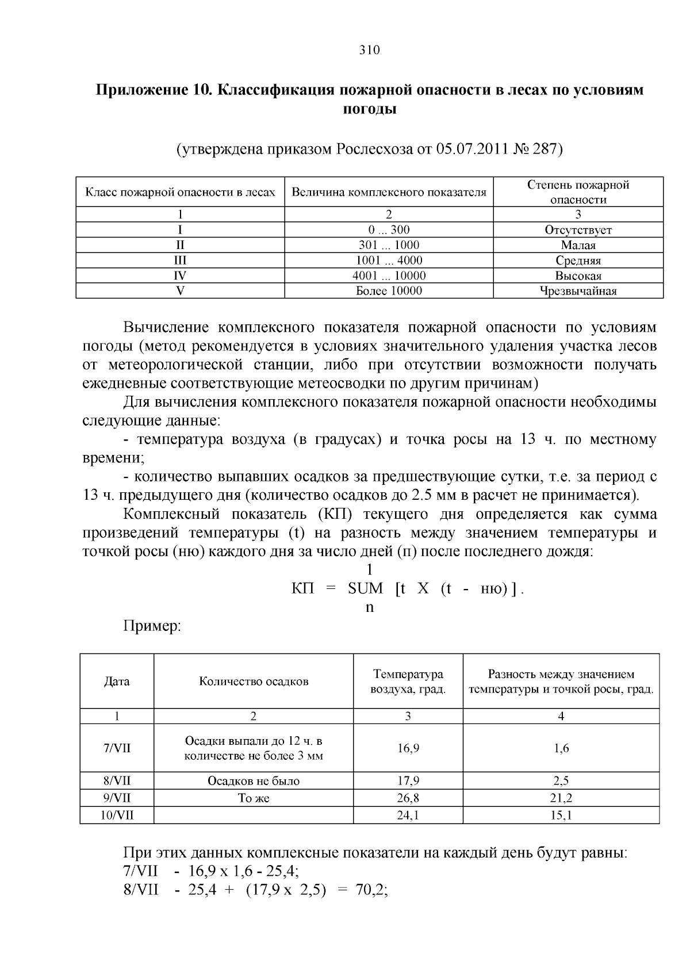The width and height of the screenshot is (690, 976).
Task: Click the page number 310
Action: click(369, 50)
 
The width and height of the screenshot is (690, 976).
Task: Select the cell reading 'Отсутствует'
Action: click(578, 230)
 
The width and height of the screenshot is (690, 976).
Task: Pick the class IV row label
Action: click(180, 276)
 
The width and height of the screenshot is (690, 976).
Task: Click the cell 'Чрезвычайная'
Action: click(578, 291)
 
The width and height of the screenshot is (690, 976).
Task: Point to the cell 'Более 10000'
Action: click(389, 291)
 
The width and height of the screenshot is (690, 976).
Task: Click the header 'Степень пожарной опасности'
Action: click(578, 192)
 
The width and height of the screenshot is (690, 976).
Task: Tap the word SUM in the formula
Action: click(365, 589)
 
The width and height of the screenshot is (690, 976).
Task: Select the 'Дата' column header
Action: click(117, 682)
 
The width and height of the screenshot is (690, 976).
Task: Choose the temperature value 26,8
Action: click(408, 798)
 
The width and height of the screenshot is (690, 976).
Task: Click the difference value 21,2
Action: click(561, 798)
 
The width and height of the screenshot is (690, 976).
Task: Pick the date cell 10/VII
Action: click(117, 816)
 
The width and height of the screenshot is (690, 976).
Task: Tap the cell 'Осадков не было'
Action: click(254, 781)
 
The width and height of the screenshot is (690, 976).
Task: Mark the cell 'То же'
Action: click(254, 798)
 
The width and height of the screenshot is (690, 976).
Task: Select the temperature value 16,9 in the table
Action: click(408, 748)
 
